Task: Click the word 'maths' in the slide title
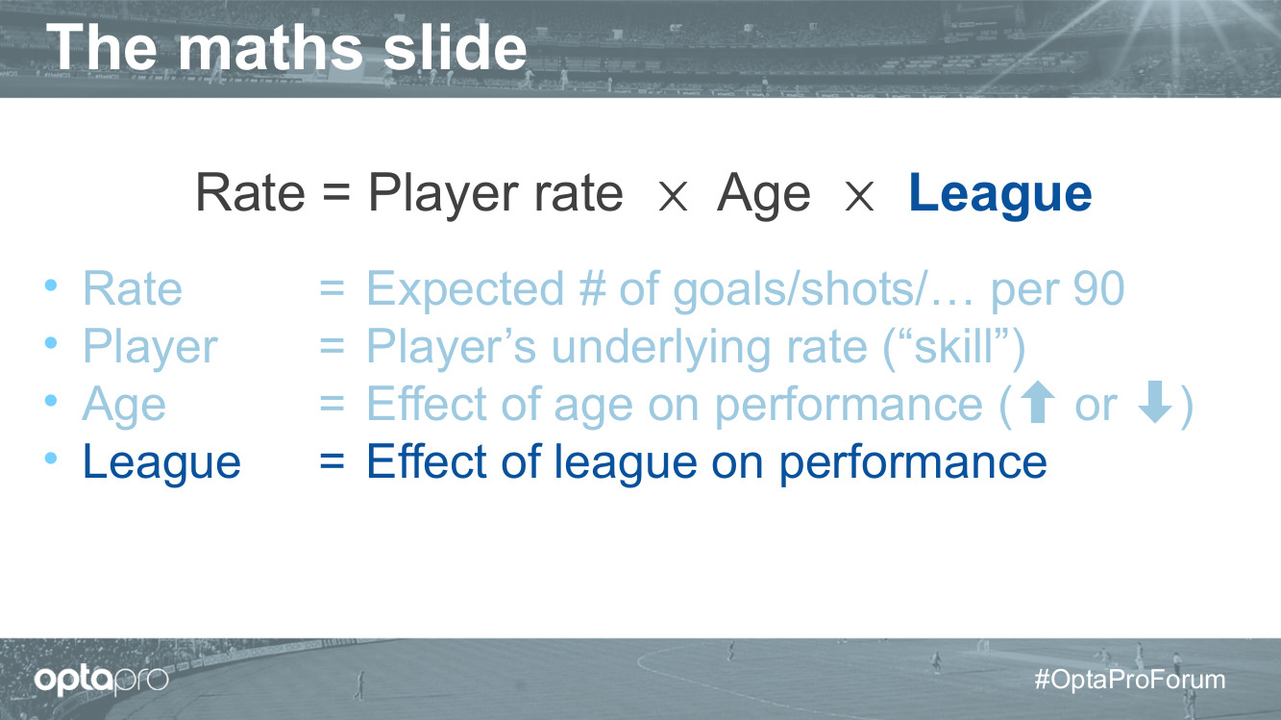(271, 48)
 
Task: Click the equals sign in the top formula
(336, 191)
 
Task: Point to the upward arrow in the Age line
(1037, 402)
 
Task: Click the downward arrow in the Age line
(1154, 402)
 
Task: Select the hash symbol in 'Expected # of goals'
(592, 288)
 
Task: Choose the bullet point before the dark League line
(51, 458)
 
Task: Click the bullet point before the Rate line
(51, 285)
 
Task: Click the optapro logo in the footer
(101, 681)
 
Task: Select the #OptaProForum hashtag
(1130, 680)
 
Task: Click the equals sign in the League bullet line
(332, 461)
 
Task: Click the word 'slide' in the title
(456, 48)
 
